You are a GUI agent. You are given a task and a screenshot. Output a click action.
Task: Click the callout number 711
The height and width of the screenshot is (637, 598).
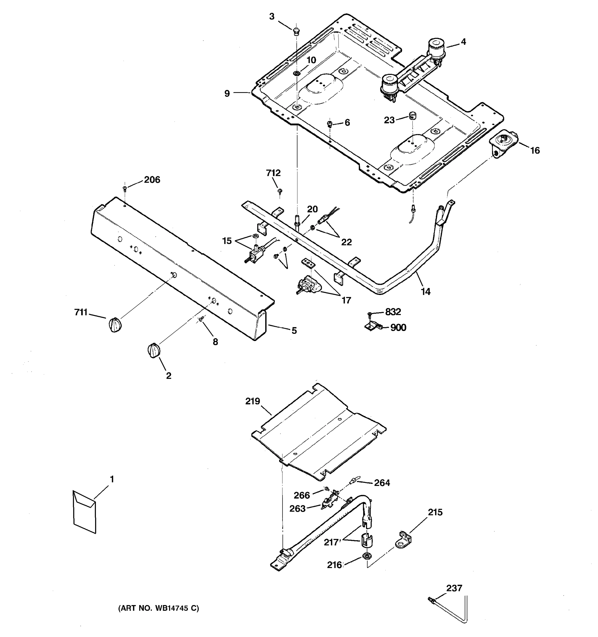[x=81, y=312]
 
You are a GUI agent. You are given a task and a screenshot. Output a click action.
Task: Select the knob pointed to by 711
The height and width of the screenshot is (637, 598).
[x=115, y=325]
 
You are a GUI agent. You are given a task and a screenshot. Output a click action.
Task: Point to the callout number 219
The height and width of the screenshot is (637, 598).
[x=252, y=401]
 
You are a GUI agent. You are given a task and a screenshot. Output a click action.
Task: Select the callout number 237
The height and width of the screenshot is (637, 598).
[x=454, y=588]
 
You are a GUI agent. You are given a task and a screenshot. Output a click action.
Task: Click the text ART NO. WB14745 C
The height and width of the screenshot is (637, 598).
[x=158, y=608]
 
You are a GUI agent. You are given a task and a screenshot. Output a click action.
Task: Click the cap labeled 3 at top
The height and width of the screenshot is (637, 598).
[x=296, y=31]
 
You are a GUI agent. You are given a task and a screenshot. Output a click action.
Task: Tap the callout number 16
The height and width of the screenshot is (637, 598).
[x=535, y=150]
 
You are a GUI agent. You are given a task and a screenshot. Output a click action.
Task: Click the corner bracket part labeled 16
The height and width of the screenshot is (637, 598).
[x=502, y=142]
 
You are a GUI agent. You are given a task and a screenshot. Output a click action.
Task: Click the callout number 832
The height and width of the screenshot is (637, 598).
[x=393, y=312]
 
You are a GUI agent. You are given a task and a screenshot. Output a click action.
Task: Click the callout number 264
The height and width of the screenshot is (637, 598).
[x=382, y=483]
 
